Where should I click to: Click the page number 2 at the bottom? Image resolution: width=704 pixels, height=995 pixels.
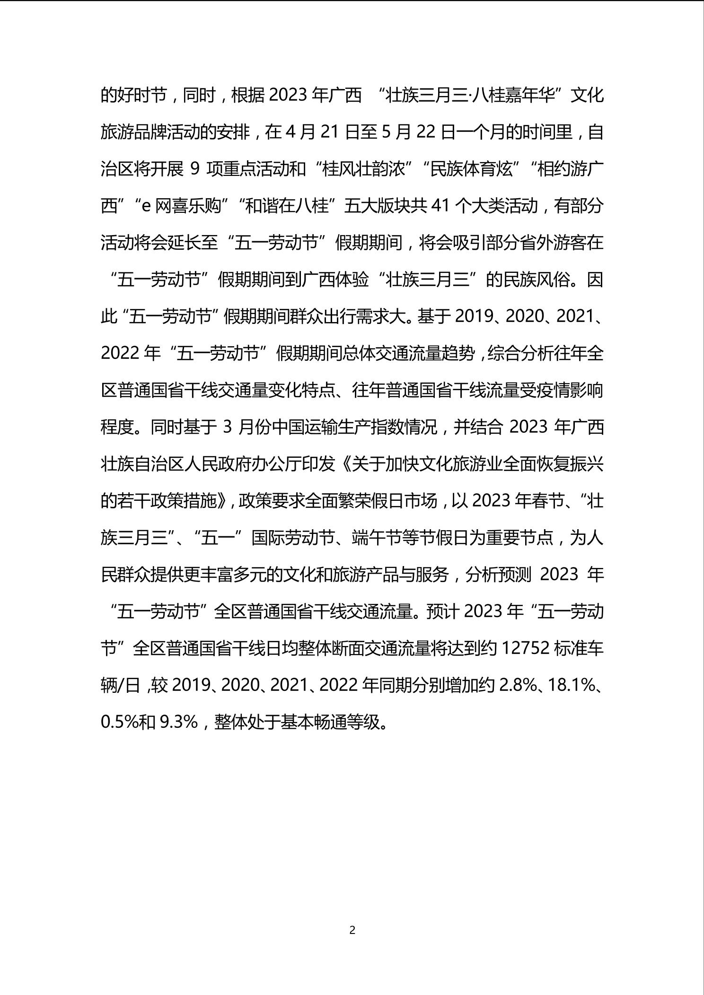352,930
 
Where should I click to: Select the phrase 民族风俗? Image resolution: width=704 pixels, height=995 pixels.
537,280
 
